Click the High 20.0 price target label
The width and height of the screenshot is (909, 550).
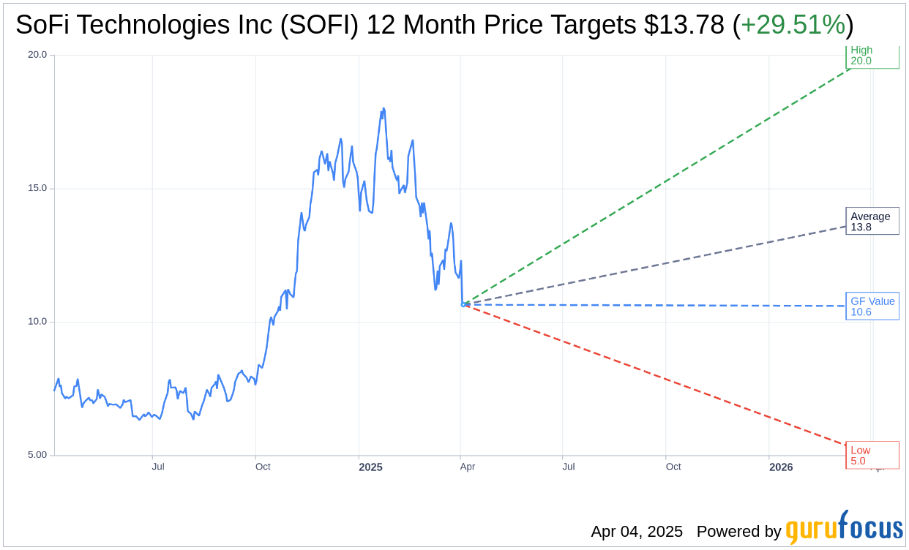tap(872, 56)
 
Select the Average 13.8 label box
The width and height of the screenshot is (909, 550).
tap(872, 222)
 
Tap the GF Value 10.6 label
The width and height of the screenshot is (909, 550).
tap(872, 306)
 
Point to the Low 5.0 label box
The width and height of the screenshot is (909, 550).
tap(872, 455)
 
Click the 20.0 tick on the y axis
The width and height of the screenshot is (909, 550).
tap(37, 55)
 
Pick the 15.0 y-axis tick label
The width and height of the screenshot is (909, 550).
tap(37, 188)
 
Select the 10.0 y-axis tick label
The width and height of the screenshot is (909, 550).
tap(37, 322)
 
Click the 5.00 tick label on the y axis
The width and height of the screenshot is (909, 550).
tap(37, 455)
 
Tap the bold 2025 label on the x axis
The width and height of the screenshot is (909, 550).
tap(370, 467)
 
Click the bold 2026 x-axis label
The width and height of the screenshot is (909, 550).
tap(781, 467)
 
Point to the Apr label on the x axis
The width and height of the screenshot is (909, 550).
tap(467, 467)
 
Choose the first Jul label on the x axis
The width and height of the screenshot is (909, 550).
tap(158, 467)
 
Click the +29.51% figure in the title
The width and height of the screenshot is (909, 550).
tap(793, 25)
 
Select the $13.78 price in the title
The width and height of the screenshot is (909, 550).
tap(684, 25)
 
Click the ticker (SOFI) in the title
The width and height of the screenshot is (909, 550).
tap(323, 25)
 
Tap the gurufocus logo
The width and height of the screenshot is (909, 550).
tap(844, 528)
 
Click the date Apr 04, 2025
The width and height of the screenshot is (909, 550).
tap(637, 532)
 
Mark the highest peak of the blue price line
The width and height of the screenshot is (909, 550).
tap(383, 108)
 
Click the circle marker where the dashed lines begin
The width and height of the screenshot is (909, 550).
tap(463, 304)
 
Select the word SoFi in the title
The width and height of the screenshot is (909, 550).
tap(42, 25)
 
